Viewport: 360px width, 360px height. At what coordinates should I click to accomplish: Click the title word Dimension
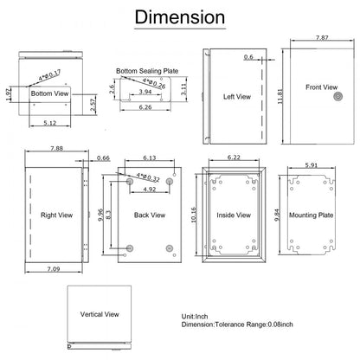coord(180,18)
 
